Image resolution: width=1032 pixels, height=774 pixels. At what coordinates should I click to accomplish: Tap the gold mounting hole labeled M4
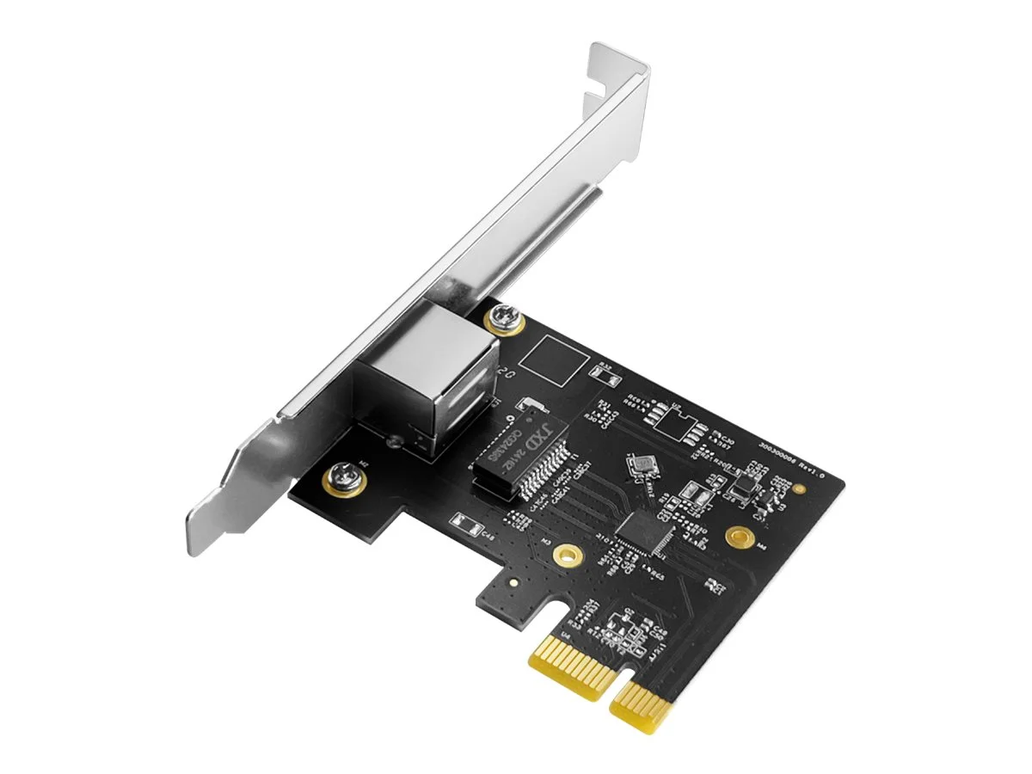[x=736, y=538]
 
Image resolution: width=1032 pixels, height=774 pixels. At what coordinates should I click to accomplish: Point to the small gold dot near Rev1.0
[x=801, y=487]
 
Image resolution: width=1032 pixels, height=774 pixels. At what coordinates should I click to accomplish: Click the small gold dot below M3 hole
[x=513, y=581]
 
